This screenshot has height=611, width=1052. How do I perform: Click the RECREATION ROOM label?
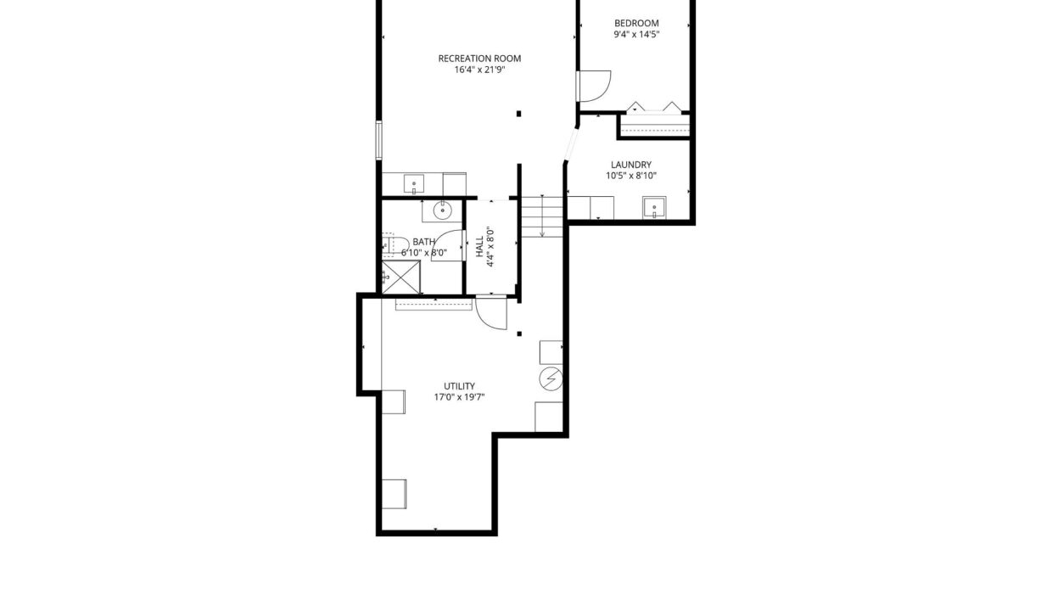479,59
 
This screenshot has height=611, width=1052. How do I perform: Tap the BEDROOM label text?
636,23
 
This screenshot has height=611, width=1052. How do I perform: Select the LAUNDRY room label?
630,165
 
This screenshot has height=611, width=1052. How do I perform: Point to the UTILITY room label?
459,386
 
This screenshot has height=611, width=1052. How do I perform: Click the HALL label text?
479,247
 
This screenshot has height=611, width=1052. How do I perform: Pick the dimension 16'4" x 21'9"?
479,70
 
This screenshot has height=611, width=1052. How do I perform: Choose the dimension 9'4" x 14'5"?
636,34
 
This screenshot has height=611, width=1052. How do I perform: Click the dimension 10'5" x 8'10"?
630,177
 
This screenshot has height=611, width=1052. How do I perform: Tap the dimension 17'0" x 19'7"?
459,397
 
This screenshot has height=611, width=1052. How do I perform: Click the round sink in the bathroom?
442,210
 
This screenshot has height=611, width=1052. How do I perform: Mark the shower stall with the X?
400,277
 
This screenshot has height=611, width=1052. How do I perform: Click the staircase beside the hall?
542,216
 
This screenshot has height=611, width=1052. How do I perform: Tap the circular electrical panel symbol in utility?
551,378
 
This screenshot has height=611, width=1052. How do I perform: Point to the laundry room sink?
654,208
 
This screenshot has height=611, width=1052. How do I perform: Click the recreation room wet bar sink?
414,183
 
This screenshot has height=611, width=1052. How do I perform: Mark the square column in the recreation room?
519,114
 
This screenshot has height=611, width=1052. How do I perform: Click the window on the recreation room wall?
378,140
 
